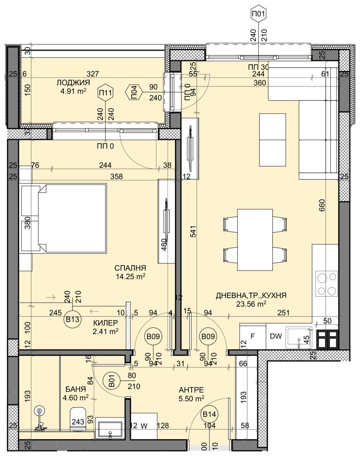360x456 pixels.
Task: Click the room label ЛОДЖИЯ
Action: [73, 83]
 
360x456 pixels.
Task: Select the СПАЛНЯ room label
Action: [130, 268]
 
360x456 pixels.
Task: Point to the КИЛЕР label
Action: [105, 323]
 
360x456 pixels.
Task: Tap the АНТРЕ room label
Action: [192, 390]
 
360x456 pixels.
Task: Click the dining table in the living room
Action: [255, 239]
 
